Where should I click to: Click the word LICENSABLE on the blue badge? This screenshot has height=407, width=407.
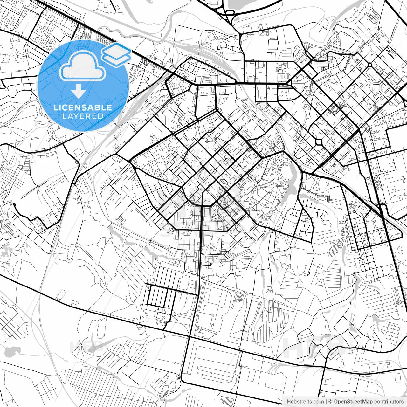(83, 107)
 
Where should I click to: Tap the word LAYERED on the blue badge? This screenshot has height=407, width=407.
(83, 116)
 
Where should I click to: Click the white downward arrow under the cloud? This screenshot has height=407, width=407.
(78, 92)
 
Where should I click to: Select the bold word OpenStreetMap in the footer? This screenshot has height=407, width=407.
(353, 402)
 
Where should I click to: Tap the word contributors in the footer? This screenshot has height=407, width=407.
(389, 402)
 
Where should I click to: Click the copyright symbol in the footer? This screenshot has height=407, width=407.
(330, 402)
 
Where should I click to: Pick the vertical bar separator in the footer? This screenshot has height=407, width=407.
(326, 402)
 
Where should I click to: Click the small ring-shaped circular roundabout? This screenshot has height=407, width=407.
(370, 65)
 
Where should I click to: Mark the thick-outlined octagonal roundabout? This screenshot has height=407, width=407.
(319, 141)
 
